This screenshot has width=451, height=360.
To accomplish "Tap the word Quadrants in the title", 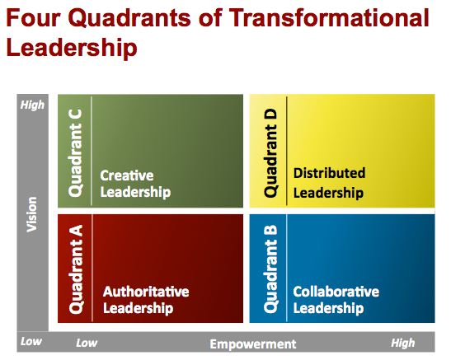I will [136, 19].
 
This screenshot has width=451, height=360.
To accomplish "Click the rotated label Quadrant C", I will [76, 150].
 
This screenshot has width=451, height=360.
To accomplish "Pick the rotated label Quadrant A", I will [77, 269].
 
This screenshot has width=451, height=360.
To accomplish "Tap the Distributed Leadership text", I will [328, 183].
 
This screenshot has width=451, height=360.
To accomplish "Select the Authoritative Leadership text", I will [145, 300].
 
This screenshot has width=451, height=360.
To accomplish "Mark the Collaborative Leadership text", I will [336, 300].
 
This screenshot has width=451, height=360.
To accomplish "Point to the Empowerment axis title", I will [252, 344].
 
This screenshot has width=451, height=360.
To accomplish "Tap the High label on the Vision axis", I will [32, 105].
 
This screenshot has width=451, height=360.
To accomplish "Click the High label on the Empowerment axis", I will [402, 343].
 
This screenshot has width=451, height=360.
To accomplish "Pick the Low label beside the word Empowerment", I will [87, 343].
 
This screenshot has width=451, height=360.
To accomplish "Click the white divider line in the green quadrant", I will [92, 150].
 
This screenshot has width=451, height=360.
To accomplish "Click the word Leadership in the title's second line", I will [71, 48].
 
